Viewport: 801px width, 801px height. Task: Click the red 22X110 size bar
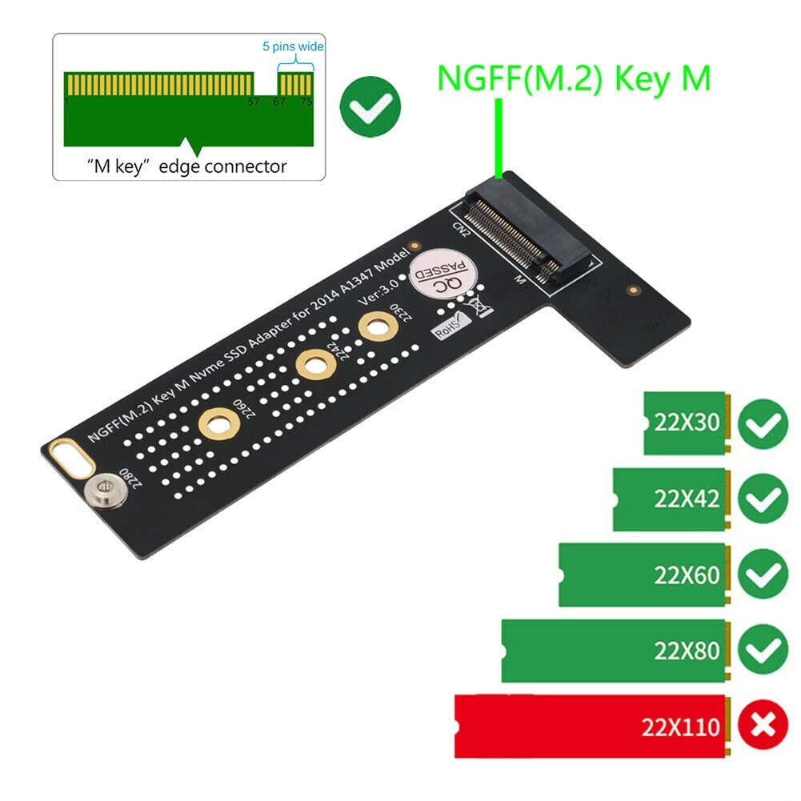pos(590,726)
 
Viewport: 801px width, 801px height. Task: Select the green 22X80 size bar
pos(613,651)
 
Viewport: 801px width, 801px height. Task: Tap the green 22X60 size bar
pos(642,575)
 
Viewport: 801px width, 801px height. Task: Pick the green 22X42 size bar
pos(669,499)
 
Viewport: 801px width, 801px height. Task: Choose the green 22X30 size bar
pos(684,423)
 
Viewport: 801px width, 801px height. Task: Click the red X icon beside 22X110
pos(763,726)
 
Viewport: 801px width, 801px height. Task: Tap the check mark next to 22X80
pos(763,651)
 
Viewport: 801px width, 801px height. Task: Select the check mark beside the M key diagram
pos(370,106)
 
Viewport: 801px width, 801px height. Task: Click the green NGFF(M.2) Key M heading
pos(573,78)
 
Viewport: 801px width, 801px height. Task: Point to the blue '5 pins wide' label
pos(293,46)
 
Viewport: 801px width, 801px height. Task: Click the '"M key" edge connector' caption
pos(186,166)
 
